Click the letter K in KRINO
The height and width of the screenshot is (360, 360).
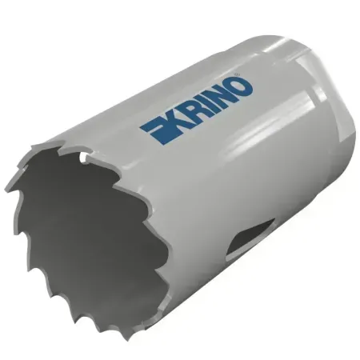click(x=170, y=115)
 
